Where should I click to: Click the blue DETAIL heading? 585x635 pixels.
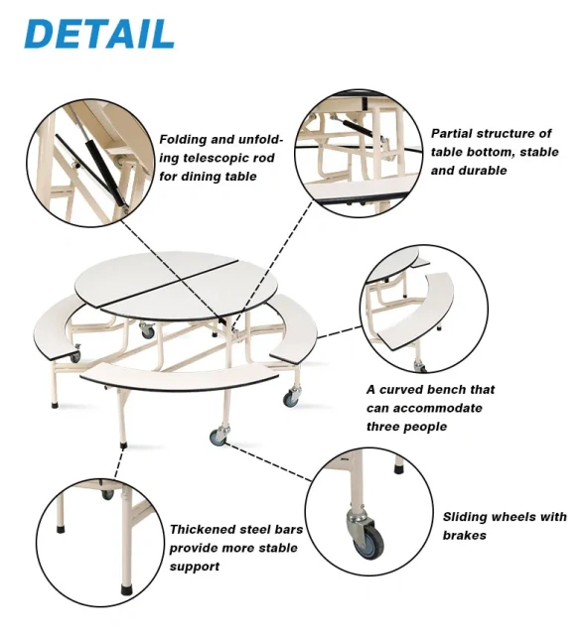tap(99, 33)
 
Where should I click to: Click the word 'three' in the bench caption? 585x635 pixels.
tap(385, 427)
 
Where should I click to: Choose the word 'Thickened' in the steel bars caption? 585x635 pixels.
tap(204, 530)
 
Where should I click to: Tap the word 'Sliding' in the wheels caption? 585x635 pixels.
tap(468, 517)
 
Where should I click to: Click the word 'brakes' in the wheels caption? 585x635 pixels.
tap(464, 536)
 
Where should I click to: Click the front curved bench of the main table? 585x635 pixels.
tap(179, 374)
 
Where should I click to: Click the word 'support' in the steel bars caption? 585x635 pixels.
tap(194, 567)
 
